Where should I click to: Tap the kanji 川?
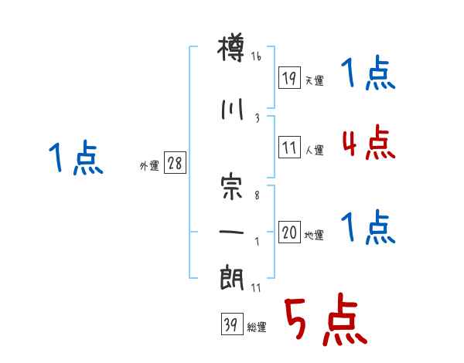(x=232, y=109)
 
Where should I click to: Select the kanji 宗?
(x=232, y=187)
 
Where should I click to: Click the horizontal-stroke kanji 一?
(x=232, y=232)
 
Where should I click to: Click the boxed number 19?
(x=289, y=77)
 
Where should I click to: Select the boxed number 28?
(x=175, y=164)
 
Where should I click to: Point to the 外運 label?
(x=149, y=165)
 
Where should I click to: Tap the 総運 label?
(x=257, y=327)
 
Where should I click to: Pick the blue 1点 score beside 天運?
(x=368, y=75)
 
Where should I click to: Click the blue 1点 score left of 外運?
(x=75, y=158)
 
